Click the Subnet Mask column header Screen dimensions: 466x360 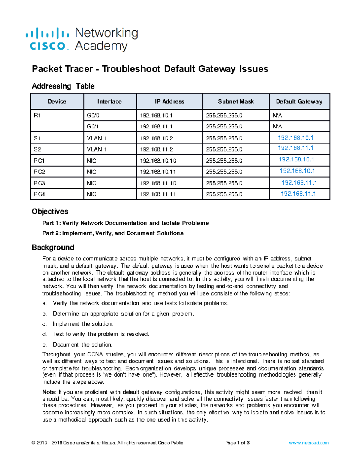[x=236, y=101]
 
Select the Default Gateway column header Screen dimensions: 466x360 [x=299, y=101]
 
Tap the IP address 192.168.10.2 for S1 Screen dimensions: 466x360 [x=157, y=138]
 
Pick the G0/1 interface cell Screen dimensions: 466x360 [x=92, y=127]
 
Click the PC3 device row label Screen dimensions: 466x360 [x=39, y=183]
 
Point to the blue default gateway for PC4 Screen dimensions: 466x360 [x=298, y=194]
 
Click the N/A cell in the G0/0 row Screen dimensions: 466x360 [x=277, y=116]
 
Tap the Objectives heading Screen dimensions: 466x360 [x=50, y=212]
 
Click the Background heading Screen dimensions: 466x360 [x=53, y=248]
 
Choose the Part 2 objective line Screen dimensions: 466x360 [x=113, y=233]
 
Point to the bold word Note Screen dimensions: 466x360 [x=49, y=392]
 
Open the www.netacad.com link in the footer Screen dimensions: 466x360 [x=309, y=443]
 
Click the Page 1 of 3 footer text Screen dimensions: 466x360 [x=237, y=443]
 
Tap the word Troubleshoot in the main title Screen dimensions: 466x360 [x=131, y=69]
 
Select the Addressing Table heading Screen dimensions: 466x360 [x=63, y=86]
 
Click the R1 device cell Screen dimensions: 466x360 [x=37, y=116]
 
